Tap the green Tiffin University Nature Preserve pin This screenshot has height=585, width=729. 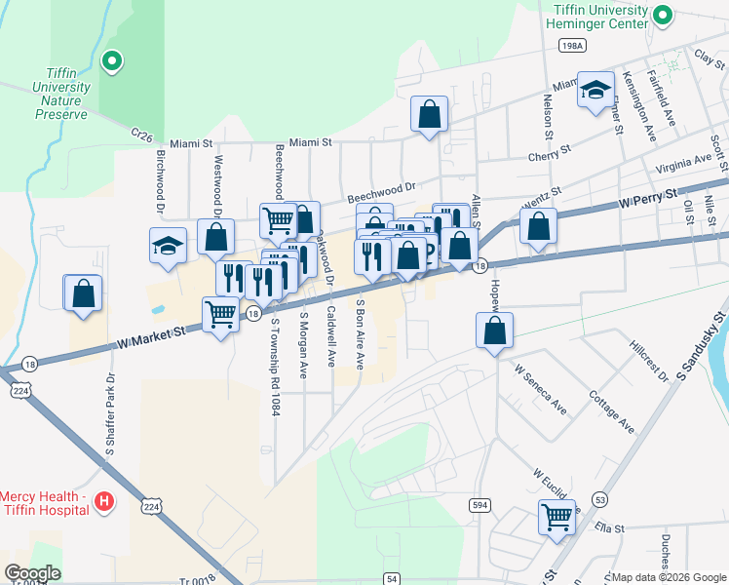tap(112, 62)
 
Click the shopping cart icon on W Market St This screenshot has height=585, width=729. tap(221, 314)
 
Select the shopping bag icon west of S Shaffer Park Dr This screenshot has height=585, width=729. tap(83, 292)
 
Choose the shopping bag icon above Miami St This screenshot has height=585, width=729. tap(428, 114)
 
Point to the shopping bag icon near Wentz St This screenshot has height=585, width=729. tap(538, 226)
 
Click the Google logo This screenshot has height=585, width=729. tap(32, 573)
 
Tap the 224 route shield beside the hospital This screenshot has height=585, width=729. tap(149, 507)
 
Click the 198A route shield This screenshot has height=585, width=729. tap(572, 46)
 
